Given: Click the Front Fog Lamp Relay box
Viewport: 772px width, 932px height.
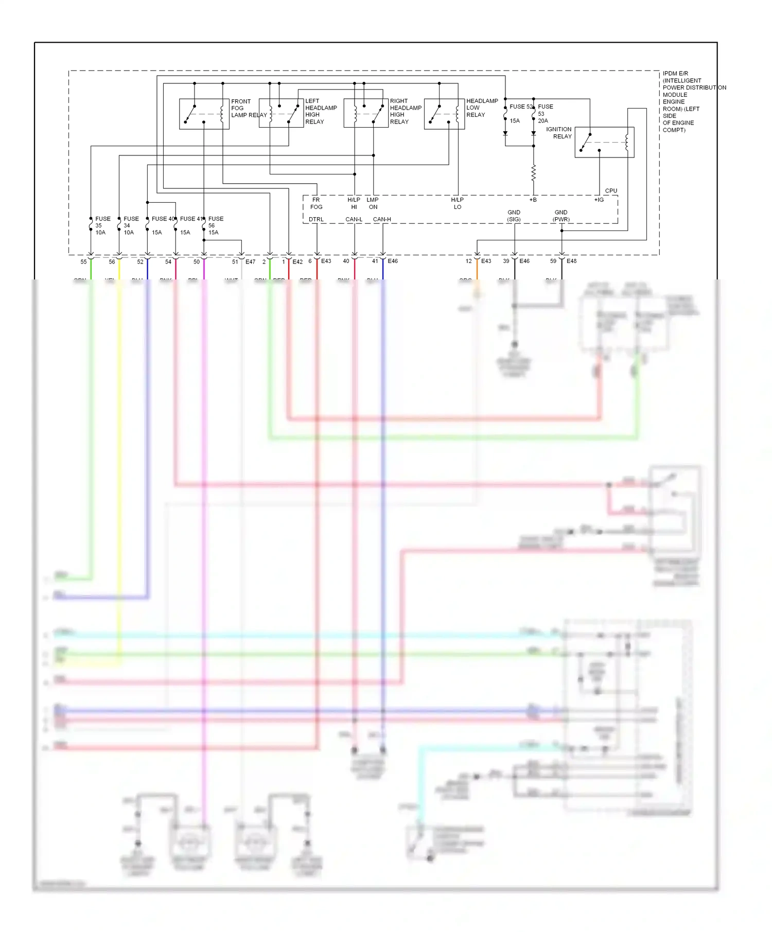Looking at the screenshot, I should pos(204,114).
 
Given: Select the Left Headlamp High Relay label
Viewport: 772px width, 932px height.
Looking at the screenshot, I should pos(321,112).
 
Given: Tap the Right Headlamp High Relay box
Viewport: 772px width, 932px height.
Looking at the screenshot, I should pos(366,113).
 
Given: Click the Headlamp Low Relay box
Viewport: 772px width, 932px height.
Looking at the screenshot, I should pos(444,114).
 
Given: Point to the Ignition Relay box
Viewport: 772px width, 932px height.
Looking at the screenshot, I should pos(604,142).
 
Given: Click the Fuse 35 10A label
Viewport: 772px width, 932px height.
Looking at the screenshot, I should pos(102,225).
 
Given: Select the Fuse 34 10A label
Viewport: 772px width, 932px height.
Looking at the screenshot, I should pos(130,225).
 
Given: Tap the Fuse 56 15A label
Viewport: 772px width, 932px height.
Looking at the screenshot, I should pos(215,225).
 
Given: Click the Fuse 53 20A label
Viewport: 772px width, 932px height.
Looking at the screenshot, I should pos(545,114).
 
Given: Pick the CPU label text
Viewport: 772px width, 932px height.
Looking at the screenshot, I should pos(611,191).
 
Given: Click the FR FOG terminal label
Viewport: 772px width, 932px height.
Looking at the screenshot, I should pos(316,203).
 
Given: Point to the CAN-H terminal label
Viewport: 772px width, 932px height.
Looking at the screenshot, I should pos(382,219).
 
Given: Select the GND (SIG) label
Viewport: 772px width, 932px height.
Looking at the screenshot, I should pos(514,216).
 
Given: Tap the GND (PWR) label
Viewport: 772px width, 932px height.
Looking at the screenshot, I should pos(561,216).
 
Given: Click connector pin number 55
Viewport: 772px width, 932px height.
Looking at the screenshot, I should pos(83,262).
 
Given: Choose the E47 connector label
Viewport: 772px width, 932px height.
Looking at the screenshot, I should pos(250,262).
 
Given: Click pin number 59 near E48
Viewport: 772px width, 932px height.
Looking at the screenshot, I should pos(553,261).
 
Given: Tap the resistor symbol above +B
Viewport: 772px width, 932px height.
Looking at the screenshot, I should pos(534,173).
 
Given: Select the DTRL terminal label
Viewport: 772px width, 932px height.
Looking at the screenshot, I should pos(316,219).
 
